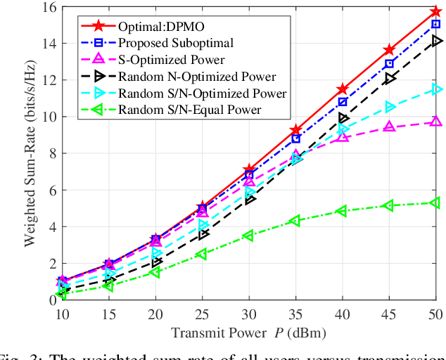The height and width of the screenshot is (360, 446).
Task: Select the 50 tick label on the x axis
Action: (435, 314)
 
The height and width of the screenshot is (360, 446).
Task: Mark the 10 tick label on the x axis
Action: (62, 314)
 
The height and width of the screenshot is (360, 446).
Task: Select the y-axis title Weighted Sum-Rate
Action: (30, 153)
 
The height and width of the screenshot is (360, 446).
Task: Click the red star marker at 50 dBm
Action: (435, 12)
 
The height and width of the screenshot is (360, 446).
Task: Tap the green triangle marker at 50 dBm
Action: (435, 203)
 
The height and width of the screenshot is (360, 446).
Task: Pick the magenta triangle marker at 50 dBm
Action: (435, 122)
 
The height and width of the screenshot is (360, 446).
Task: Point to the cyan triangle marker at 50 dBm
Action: (435, 89)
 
